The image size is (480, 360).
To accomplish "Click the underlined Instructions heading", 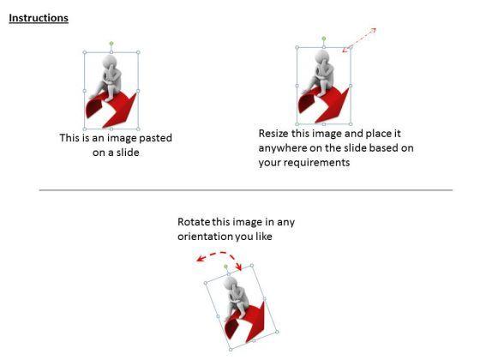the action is point(39,18).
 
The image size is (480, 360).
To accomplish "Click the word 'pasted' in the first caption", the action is point(155,138).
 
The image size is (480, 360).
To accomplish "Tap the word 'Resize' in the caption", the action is point(273,134).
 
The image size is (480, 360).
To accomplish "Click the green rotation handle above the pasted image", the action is point(111,44).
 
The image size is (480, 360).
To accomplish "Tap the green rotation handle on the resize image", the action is point(324,39).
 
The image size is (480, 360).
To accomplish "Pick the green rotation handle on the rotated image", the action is point(225,267).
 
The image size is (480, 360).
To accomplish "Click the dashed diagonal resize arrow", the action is point(359,40).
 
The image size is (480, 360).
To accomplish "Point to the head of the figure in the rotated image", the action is point(231,284).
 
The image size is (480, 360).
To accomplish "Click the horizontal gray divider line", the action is point(246,190).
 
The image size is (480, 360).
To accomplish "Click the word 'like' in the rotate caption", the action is point(264,237).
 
